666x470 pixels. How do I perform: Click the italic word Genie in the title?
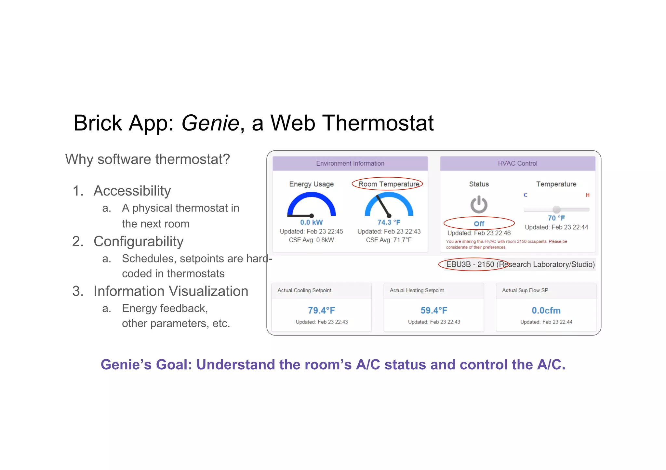point(210,123)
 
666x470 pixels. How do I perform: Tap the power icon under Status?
point(479,205)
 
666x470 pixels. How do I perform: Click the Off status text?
point(479,224)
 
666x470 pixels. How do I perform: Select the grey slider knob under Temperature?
point(556,210)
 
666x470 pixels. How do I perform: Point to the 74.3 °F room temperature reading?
point(389,222)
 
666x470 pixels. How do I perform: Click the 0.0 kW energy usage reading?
point(311,222)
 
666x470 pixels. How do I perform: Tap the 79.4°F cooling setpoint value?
point(321,311)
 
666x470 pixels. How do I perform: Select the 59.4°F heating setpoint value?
point(434,311)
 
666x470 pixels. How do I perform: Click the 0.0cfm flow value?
point(546,311)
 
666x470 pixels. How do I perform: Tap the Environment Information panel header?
point(350,163)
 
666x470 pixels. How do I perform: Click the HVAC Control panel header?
point(517,163)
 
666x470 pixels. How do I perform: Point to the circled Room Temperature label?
point(389,184)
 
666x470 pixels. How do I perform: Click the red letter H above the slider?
point(588,195)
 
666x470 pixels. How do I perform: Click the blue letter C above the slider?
point(526,195)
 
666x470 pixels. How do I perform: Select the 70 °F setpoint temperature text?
point(556,218)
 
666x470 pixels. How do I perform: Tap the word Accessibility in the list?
point(132,191)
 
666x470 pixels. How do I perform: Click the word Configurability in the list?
point(139,241)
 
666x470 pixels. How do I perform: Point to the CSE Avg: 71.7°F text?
point(389,240)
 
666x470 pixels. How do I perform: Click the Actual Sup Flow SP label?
point(525,290)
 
